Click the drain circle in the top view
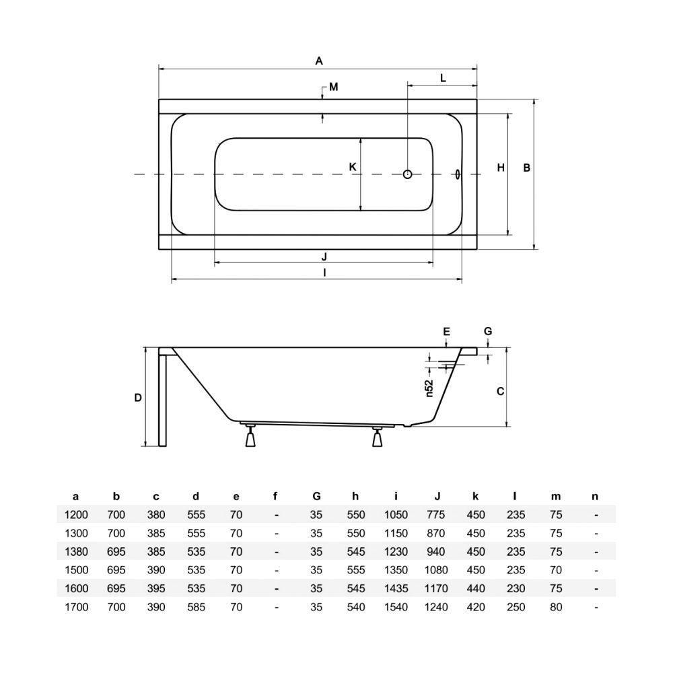407,174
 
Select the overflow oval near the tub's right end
458,174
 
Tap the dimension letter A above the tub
319,61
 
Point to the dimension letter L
444,78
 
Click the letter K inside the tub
353,166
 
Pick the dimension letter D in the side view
138,398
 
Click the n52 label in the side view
429,388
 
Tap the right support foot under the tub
378,437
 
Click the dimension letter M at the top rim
334,87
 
